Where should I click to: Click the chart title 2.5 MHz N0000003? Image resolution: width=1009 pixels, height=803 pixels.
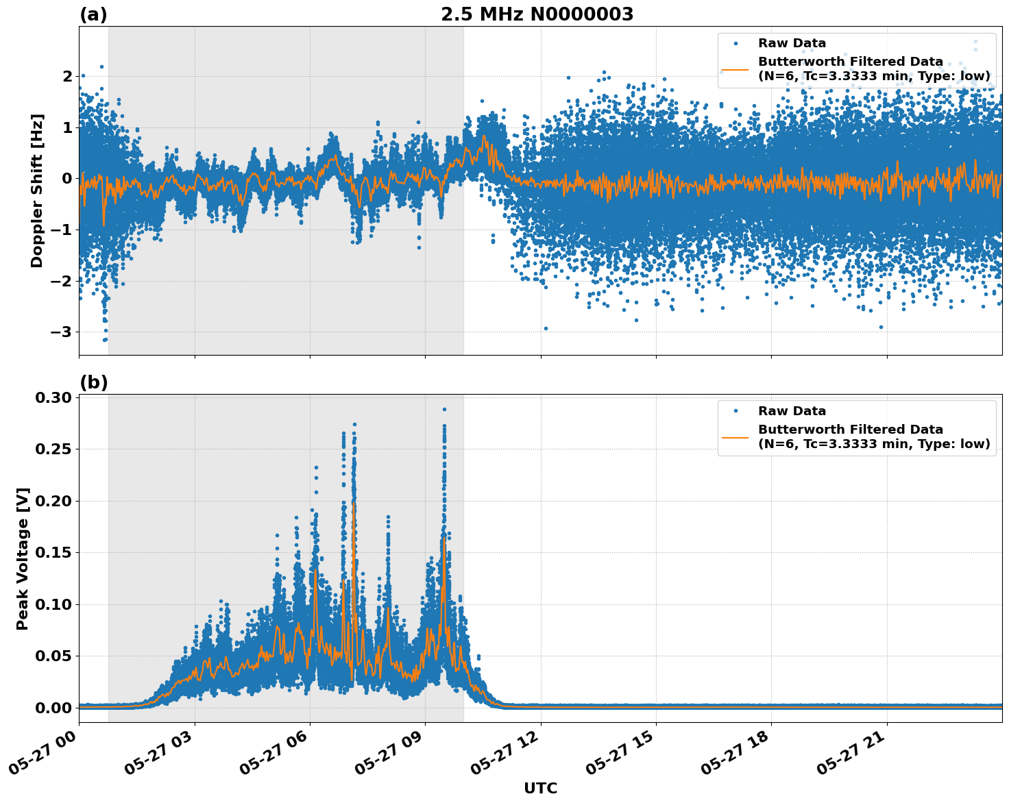[x=537, y=14]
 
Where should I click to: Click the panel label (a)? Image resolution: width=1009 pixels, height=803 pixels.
[x=93, y=14]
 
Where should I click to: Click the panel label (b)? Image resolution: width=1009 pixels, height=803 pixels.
[x=93, y=382]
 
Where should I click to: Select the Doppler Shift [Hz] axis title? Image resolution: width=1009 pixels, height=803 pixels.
[x=37, y=190]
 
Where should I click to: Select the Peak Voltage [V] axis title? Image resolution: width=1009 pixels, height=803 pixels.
[x=23, y=558]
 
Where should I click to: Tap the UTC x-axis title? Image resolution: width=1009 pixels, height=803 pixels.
[x=540, y=788]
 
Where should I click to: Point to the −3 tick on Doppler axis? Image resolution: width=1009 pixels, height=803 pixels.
[x=63, y=332]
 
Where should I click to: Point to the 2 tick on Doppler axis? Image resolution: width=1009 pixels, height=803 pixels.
[x=67, y=76]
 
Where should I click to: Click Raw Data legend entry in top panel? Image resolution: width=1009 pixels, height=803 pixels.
[x=792, y=43]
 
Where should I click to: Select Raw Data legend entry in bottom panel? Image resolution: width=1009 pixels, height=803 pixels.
[x=792, y=411]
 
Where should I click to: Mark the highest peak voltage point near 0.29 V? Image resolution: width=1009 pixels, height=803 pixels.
[x=444, y=409]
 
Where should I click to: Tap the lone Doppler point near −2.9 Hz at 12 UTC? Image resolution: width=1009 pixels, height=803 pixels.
[x=546, y=328]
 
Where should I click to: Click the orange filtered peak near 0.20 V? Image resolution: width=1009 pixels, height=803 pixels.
[x=354, y=504]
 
